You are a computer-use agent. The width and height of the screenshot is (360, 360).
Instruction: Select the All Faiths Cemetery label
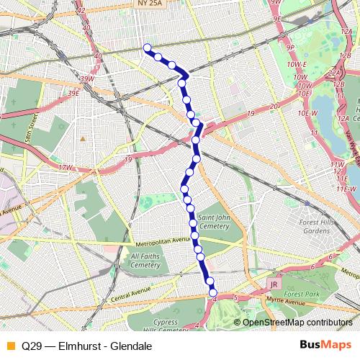[145, 260]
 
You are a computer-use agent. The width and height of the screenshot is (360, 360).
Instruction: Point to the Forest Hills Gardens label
[315, 226]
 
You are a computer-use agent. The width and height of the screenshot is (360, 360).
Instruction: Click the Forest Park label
[301, 294]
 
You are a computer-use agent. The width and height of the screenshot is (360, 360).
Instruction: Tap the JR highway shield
[273, 284]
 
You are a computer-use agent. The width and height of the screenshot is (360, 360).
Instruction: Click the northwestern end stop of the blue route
[148, 48]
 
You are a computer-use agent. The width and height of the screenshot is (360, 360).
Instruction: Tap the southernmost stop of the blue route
[213, 292]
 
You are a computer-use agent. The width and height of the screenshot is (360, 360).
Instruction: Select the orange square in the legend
[9, 346]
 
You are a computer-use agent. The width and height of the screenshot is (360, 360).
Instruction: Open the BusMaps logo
[326, 346]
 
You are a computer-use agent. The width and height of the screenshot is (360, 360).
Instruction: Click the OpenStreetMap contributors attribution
[297, 322]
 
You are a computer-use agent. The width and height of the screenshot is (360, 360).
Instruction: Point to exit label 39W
[87, 79]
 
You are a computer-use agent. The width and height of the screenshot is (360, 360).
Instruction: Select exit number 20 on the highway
[273, 107]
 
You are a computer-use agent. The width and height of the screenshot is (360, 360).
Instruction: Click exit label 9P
[291, 48]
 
